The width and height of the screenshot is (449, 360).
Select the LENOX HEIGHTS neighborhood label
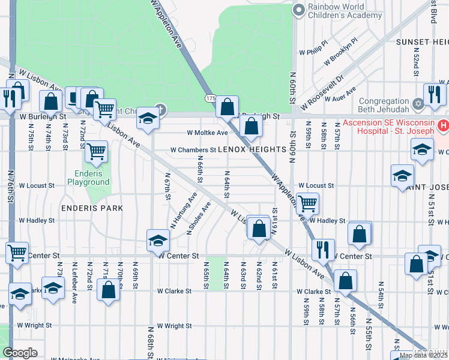[x=251, y=149]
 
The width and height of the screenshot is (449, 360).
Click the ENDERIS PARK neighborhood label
[x=92, y=208]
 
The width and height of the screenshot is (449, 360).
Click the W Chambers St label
[x=193, y=150]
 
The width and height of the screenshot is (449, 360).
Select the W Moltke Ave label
[x=207, y=133]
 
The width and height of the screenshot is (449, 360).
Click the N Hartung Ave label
[x=184, y=211]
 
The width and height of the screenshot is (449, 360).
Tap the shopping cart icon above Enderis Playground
[x=96, y=152]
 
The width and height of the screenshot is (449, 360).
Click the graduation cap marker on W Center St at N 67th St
[x=158, y=242]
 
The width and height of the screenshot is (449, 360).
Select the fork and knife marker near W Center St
[x=323, y=249]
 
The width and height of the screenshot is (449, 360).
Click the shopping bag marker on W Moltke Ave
[x=251, y=127]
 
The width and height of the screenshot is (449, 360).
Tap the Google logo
[x=20, y=353]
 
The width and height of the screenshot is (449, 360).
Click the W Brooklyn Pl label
[x=340, y=52]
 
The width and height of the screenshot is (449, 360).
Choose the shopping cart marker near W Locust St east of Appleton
[x=307, y=204]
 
